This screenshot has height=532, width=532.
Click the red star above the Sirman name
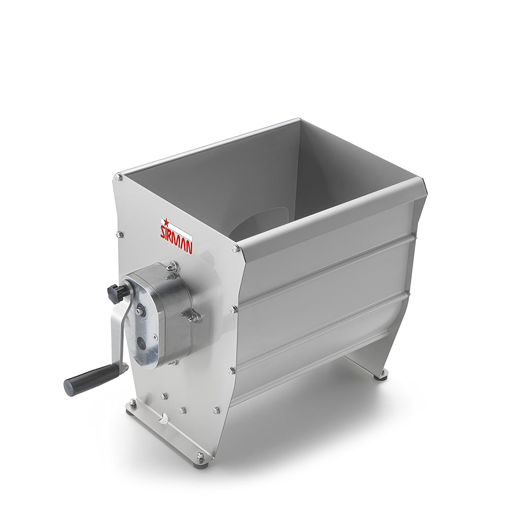[x=166, y=221]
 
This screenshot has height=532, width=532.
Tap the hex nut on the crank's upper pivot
[x=140, y=309]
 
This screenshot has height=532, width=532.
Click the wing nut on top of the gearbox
[x=172, y=267]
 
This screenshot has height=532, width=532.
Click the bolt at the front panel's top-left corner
[x=119, y=177]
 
